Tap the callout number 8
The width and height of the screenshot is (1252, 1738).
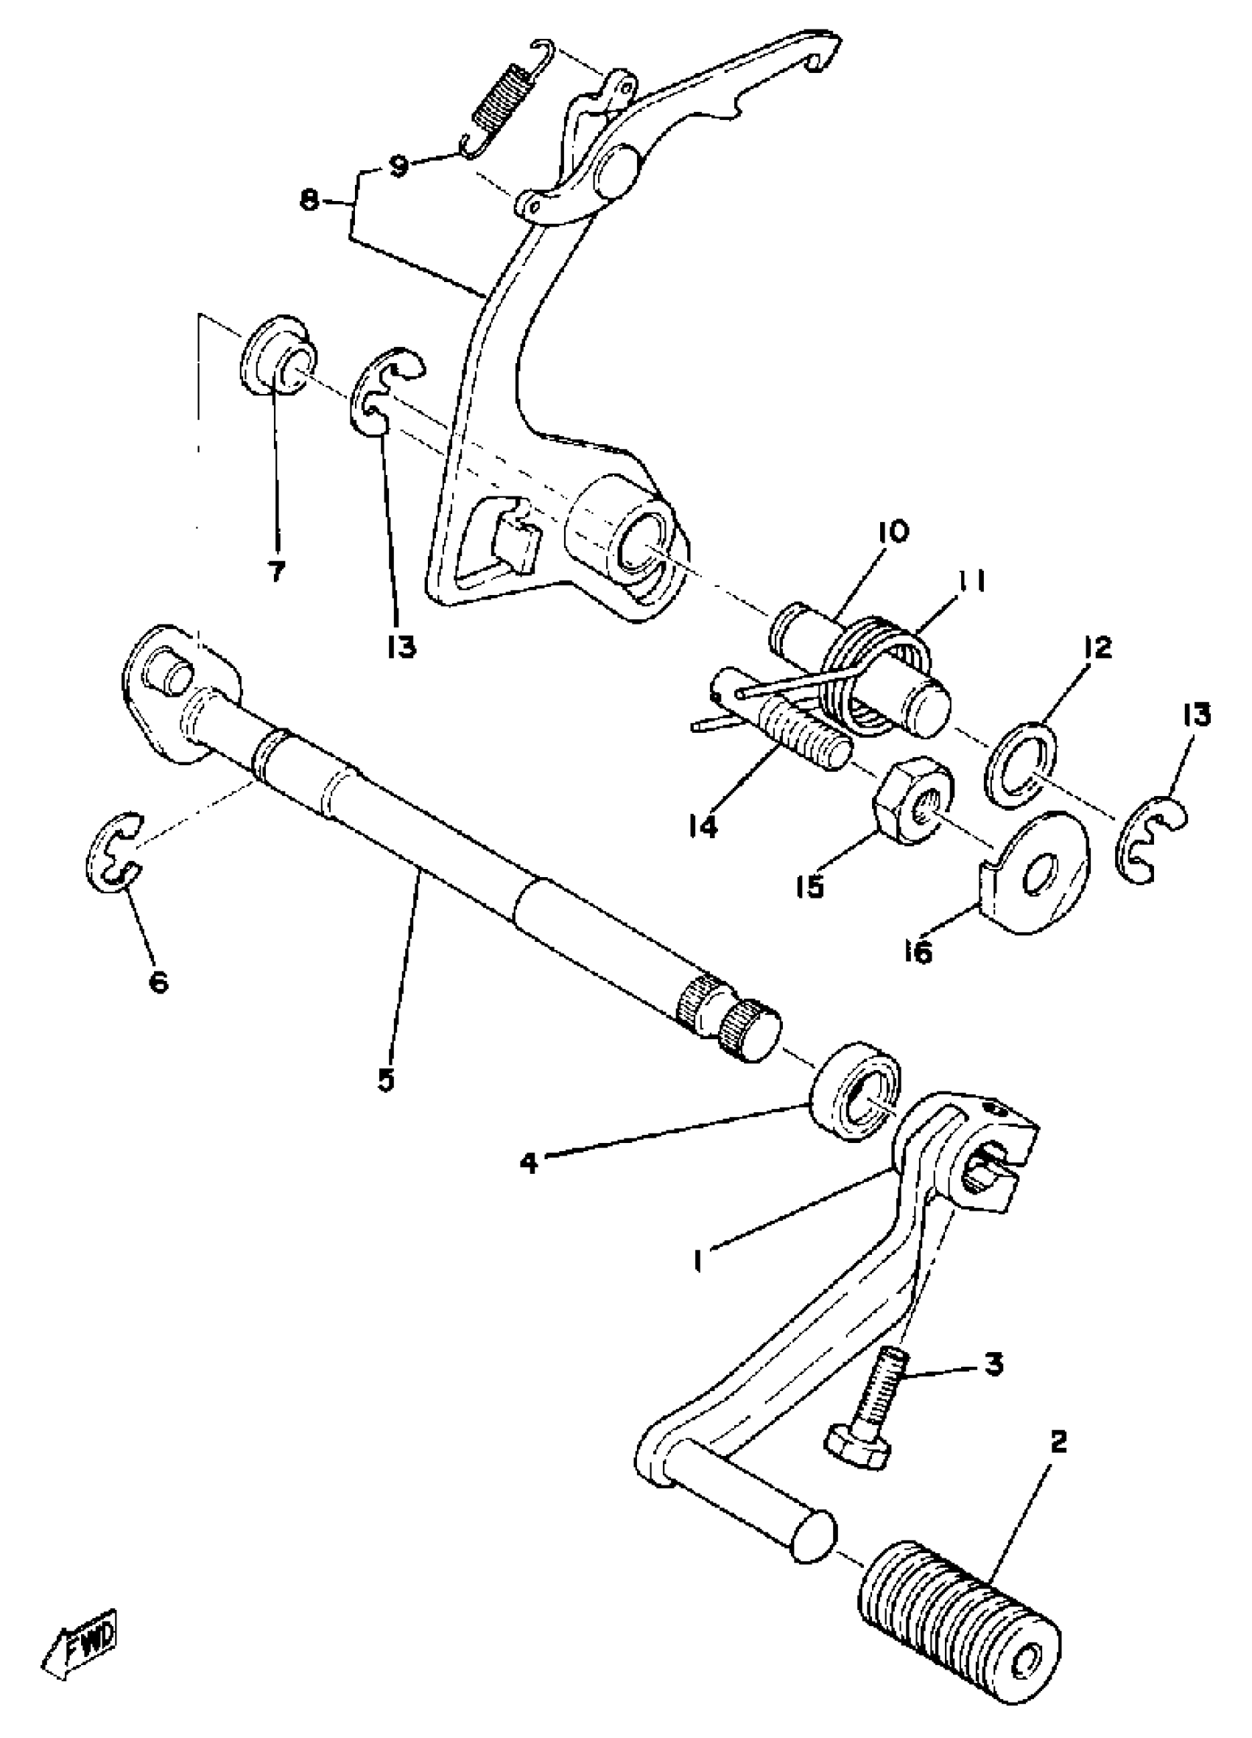click(x=309, y=203)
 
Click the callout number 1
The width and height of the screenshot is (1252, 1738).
click(x=698, y=1260)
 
